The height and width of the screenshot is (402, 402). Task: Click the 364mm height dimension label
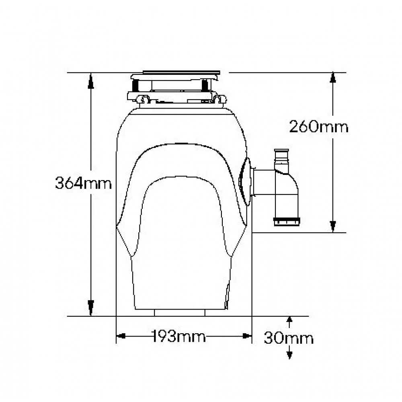click(x=83, y=183)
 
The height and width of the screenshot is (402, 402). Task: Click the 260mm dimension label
click(x=319, y=127)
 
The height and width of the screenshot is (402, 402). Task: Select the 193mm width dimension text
click(x=179, y=336)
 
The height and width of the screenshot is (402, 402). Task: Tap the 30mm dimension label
click(x=289, y=338)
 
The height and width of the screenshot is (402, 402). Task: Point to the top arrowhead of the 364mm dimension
click(x=91, y=81)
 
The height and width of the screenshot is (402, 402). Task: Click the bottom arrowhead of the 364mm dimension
click(x=91, y=308)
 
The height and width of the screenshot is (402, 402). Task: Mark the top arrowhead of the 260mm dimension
click(x=333, y=77)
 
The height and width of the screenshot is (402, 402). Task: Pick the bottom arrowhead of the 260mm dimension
click(x=333, y=227)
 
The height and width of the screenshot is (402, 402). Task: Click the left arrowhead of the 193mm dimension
click(x=121, y=336)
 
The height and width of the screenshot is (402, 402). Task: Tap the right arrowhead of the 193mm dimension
click(x=247, y=336)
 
